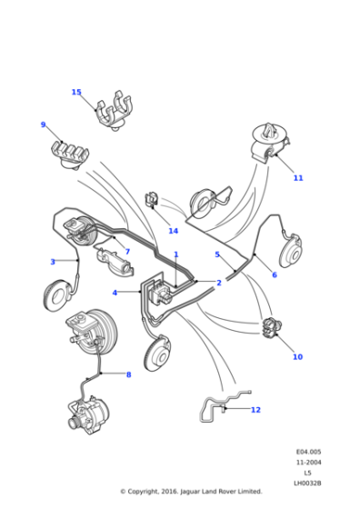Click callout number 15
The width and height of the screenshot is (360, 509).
pyautogui.click(x=76, y=92)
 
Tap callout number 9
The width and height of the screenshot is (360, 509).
pyautogui.click(x=43, y=125)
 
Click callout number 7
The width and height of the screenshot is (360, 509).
pyautogui.click(x=127, y=252)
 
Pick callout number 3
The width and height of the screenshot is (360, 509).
pyautogui.click(x=53, y=262)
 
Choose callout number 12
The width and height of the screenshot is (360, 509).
pyautogui.click(x=255, y=410)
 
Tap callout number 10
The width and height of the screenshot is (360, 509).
pyautogui.click(x=296, y=357)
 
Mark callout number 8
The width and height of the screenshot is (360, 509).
pyautogui.click(x=128, y=374)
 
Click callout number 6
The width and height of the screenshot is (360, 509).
pyautogui.click(x=274, y=274)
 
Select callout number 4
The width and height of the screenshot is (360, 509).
pyautogui.click(x=115, y=293)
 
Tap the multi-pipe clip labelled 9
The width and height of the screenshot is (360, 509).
pyautogui.click(x=68, y=153)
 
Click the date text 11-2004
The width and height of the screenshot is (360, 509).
pyautogui.click(x=307, y=463)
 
